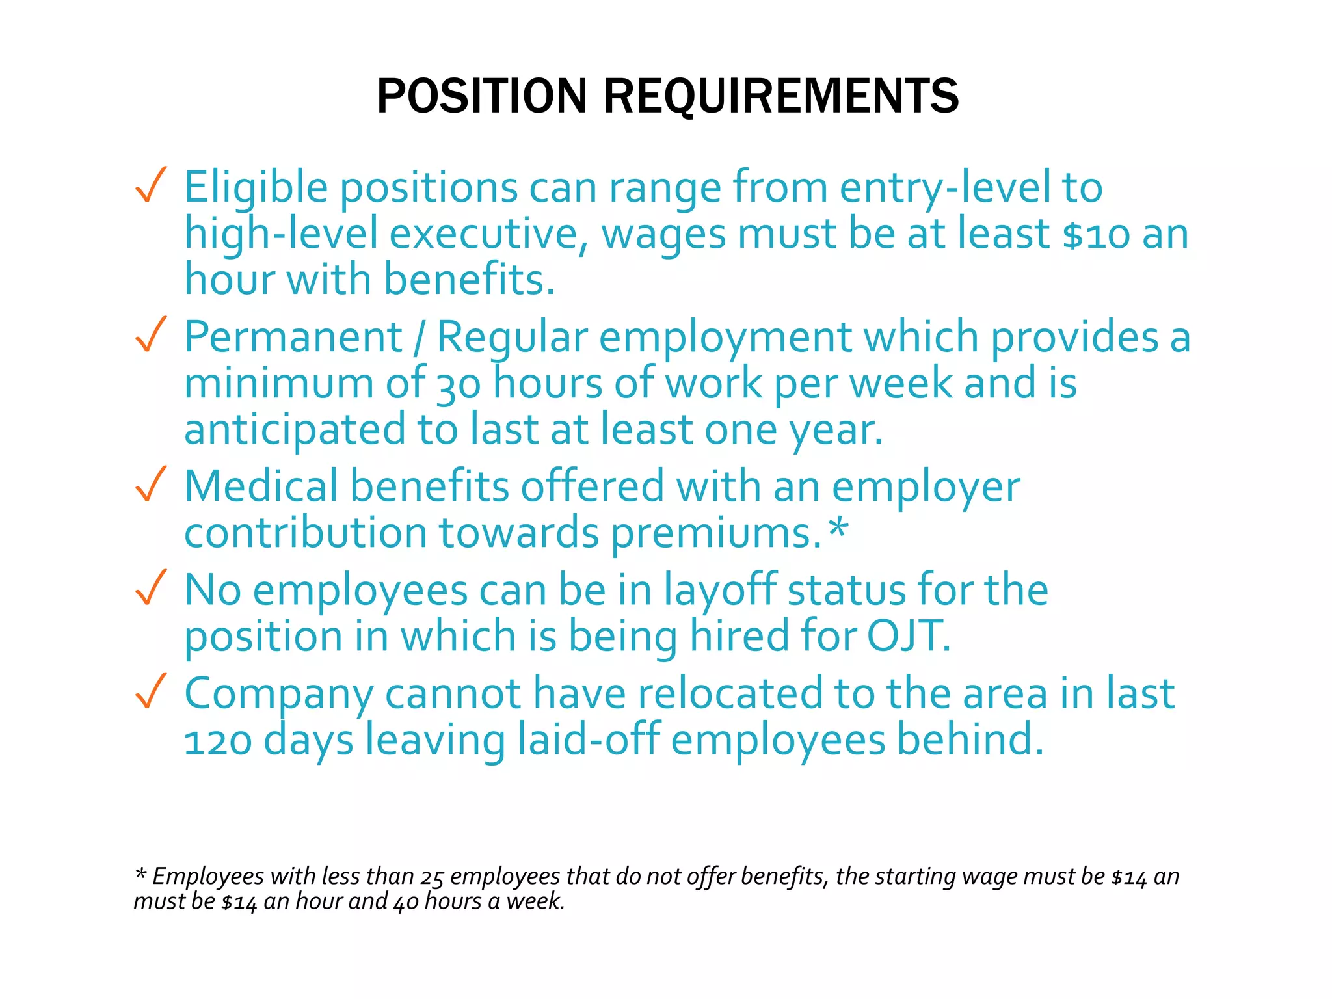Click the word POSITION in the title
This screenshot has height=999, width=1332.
click(482, 96)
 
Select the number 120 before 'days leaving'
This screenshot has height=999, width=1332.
click(218, 742)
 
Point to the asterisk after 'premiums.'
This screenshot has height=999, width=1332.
click(839, 529)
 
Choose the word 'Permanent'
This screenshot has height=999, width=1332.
click(293, 338)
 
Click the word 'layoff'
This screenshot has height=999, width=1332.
click(719, 591)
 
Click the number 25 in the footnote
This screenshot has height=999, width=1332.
click(432, 878)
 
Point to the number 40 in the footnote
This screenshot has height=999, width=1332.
click(406, 903)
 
